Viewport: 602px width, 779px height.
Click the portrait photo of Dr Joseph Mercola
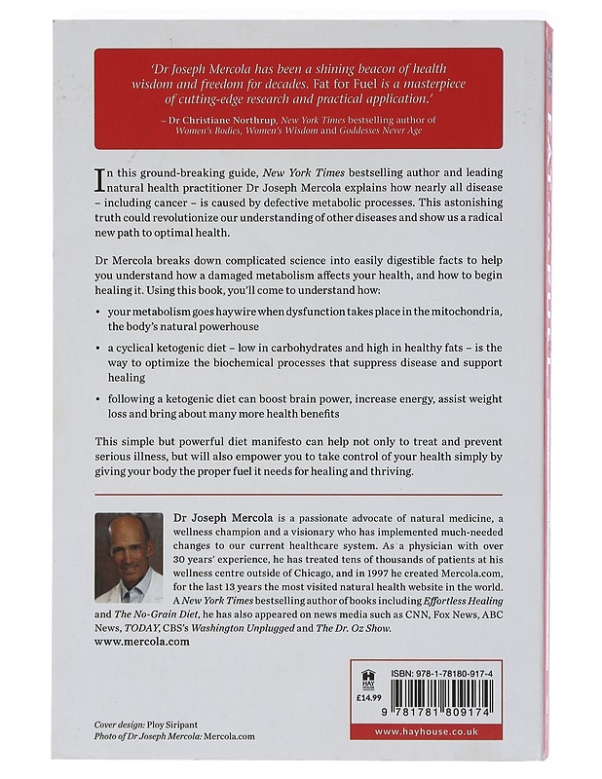tap(130, 557)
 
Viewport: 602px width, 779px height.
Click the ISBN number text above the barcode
tap(439, 672)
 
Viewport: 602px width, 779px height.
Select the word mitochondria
tap(465, 309)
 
